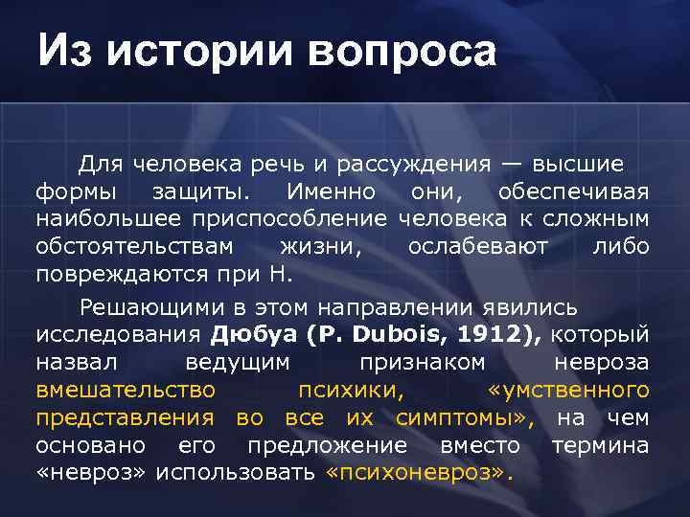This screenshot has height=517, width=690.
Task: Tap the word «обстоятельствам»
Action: point(134,247)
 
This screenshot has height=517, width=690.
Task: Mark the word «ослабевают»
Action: point(478,247)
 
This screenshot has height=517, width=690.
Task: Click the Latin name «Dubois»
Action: point(392,335)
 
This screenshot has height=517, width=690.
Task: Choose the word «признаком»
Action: point(422,363)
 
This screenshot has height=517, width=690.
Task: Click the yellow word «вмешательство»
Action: point(126,391)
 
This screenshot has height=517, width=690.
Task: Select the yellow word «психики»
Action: point(357,391)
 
